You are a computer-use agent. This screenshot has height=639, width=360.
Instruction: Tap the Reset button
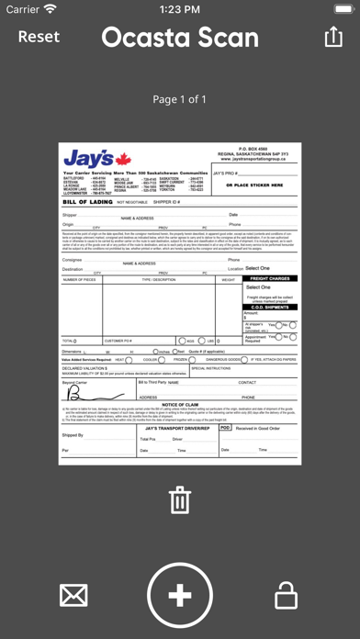pos(39,37)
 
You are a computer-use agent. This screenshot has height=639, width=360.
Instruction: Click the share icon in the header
pos(332,37)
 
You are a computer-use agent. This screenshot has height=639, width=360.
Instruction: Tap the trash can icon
pos(180,501)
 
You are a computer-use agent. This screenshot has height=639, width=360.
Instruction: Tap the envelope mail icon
pos(73,597)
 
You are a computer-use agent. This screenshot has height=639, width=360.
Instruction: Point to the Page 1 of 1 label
pos(180,99)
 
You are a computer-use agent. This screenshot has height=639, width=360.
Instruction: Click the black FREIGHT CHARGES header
pos(270,277)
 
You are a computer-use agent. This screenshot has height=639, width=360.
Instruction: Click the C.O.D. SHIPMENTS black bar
pos(270,307)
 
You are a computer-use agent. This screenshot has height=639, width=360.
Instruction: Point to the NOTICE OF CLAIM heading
pos(180,404)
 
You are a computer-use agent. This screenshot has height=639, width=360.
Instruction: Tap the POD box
pos(226,428)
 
